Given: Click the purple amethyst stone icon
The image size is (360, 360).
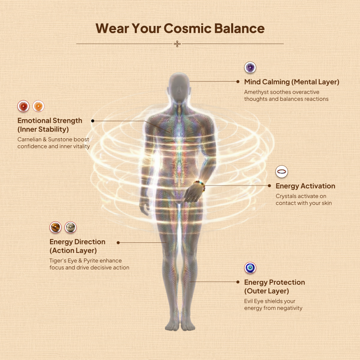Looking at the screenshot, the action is point(250,68).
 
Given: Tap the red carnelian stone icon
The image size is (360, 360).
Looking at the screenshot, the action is point(24,106).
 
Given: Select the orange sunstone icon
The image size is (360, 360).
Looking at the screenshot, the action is point(38,106).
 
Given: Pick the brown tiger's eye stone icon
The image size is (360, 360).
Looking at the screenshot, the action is point(56,227).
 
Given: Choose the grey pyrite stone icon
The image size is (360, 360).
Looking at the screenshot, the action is point(70,227).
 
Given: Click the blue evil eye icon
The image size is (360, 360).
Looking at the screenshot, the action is point(250,268).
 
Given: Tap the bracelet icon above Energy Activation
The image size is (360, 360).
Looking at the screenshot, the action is point(282,172).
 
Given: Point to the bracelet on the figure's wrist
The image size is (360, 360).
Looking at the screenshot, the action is point(200,185).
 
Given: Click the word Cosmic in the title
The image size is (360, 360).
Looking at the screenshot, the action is point(187,28).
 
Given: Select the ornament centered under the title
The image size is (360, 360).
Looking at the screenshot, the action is point(177,44).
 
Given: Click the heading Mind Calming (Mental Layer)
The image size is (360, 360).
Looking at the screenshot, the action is point(292,82).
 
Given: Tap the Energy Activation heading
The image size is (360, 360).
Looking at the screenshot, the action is point(305,186).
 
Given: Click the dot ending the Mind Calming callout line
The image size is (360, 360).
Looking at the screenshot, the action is point(238,82).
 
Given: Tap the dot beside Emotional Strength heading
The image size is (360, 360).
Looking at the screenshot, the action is point(93,121).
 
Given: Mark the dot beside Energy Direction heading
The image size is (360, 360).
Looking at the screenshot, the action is point(118,242).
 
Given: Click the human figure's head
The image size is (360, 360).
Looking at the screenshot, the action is point(179,87).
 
